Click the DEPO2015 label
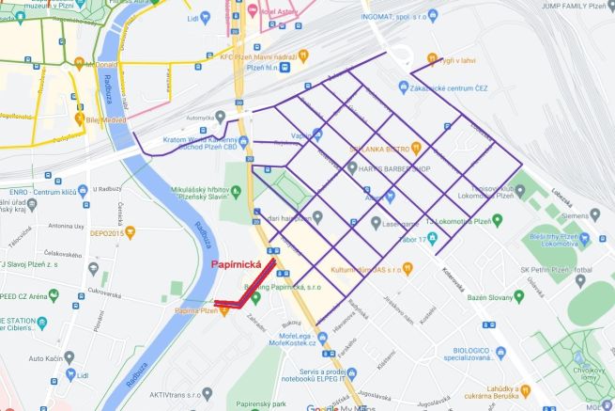tap(110, 231)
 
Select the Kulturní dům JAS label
tap(361, 269)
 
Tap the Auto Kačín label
tap(50, 359)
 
